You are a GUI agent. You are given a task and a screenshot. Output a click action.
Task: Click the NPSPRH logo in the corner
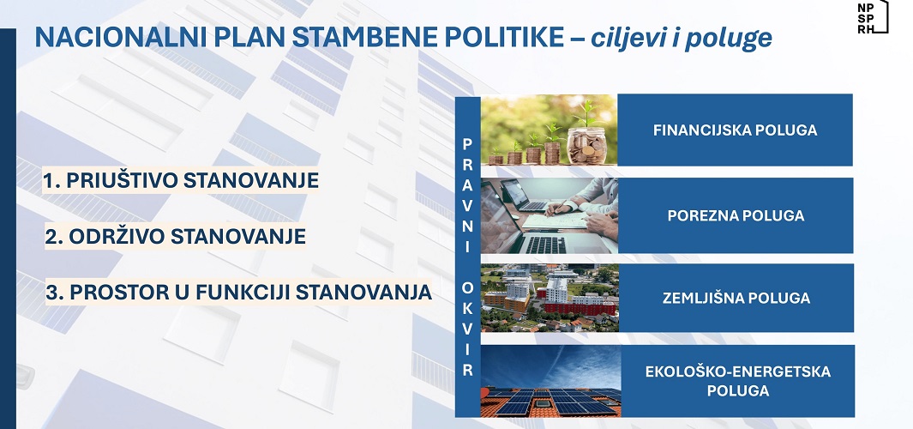[x=873, y=17]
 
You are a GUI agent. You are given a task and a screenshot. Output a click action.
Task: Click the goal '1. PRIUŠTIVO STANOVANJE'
[x=181, y=181]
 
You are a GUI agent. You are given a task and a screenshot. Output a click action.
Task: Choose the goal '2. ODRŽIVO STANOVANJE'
[x=175, y=237]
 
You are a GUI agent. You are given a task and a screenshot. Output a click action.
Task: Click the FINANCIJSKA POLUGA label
[x=735, y=130]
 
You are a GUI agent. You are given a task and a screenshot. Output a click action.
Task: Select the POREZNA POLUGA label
[x=736, y=215]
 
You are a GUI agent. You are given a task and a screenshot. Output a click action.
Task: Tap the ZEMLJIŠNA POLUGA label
[x=736, y=299]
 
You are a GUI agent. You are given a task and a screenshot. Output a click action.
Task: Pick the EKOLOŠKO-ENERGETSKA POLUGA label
[x=738, y=381]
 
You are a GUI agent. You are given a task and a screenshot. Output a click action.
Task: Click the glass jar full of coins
[x=587, y=145]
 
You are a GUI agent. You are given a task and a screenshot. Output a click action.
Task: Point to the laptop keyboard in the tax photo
[x=545, y=245]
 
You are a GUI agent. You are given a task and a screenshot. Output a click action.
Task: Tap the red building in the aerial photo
[x=580, y=306]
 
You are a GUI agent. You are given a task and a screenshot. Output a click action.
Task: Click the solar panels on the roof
[x=550, y=401]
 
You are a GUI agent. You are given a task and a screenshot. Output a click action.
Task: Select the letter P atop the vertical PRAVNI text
[x=467, y=143]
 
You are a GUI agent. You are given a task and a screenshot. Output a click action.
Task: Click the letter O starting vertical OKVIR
[x=467, y=288]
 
